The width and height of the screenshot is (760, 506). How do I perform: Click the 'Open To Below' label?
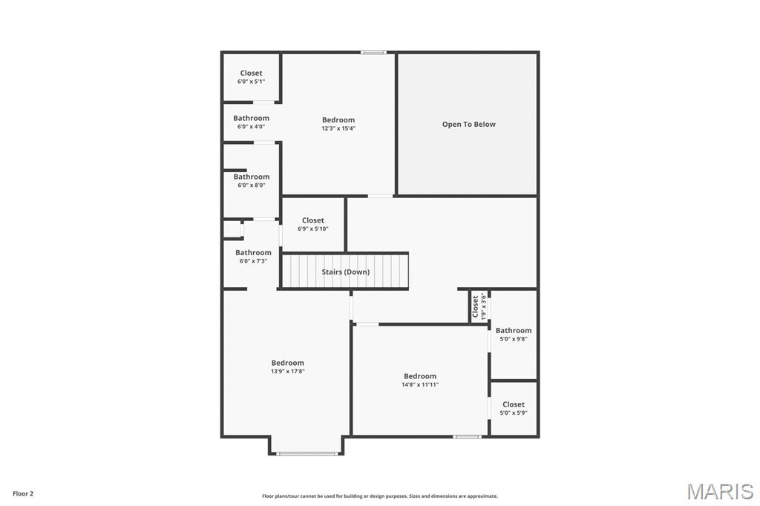click(x=468, y=124)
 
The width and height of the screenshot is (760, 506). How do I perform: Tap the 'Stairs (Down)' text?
click(x=345, y=272)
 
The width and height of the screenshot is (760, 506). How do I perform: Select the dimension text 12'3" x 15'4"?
click(x=338, y=128)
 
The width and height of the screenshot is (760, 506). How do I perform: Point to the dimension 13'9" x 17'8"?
click(x=287, y=371)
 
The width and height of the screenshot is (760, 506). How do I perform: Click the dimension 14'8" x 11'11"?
click(x=420, y=384)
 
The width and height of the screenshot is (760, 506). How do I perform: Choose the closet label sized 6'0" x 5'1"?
click(x=251, y=73)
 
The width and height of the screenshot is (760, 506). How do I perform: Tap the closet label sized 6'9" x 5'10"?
click(x=312, y=220)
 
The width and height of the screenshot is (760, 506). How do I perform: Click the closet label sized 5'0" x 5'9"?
click(x=514, y=404)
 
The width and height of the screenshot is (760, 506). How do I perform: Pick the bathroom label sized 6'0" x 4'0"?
click(x=251, y=118)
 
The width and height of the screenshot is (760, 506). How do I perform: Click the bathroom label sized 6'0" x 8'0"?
click(x=251, y=177)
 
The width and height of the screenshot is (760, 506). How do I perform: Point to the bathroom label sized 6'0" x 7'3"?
click(x=253, y=252)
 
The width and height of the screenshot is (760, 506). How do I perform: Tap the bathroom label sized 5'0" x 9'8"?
click(x=514, y=330)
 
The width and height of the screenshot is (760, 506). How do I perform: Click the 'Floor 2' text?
click(x=23, y=493)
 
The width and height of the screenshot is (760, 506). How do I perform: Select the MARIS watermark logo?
click(x=720, y=491)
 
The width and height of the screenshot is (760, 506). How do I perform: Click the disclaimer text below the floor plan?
click(x=379, y=496)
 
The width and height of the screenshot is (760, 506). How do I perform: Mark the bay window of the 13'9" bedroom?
click(x=307, y=453)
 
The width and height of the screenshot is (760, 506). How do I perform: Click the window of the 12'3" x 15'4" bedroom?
click(x=373, y=52)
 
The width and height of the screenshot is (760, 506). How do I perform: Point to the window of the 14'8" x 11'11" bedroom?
click(x=467, y=436)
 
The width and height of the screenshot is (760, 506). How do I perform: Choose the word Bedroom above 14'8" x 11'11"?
click(x=420, y=376)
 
